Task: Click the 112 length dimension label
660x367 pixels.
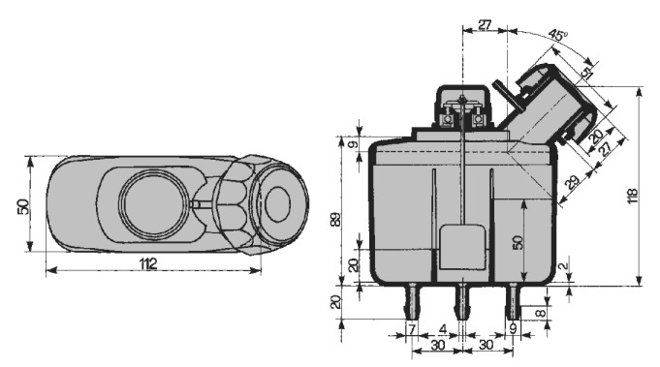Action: click(148, 264)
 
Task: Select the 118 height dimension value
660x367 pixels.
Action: click(632, 197)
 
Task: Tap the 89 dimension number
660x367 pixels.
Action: click(335, 220)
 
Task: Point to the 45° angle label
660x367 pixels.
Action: click(558, 35)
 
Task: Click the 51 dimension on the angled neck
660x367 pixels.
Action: click(586, 75)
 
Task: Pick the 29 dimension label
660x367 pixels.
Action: click(572, 182)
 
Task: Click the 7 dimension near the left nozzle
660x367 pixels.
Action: click(412, 328)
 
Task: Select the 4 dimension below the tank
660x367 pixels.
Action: click(442, 328)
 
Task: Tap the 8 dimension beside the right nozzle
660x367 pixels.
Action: click(541, 313)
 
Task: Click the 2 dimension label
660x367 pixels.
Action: click(564, 265)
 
